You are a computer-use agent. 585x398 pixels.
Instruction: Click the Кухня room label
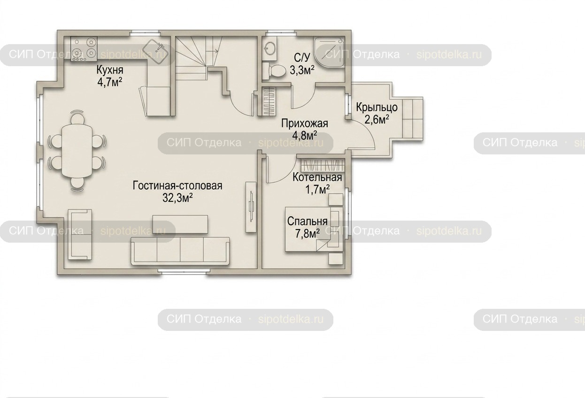(x=110, y=70)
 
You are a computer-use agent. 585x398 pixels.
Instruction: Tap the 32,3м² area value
(x=177, y=198)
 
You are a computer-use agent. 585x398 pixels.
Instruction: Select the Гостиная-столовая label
(x=177, y=186)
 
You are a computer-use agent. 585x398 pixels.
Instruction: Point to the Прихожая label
(x=305, y=123)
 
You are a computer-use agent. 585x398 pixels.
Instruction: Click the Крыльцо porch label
(x=377, y=107)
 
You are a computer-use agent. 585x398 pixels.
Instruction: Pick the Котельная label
(x=317, y=177)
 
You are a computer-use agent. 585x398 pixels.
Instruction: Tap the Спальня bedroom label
(x=308, y=222)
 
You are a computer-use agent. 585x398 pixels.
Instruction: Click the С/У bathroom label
(x=302, y=57)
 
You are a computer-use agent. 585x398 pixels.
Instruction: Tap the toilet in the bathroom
(x=274, y=71)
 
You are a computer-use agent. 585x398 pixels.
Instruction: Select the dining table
(x=77, y=151)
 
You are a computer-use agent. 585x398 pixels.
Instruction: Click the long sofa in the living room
(x=180, y=251)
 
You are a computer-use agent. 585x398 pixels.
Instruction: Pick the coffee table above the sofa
(x=180, y=224)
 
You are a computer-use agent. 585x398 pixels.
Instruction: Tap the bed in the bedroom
(x=314, y=230)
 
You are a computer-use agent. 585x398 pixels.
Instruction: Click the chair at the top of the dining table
(x=77, y=117)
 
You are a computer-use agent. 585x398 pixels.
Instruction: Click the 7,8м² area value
(x=308, y=234)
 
